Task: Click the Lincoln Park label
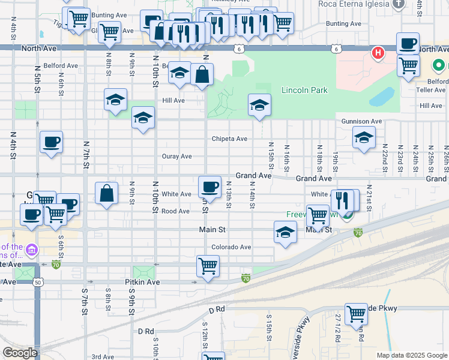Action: coord(304,90)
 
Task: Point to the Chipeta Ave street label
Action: coord(229,139)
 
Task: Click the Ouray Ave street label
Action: coord(176,156)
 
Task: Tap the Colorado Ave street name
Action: coord(231,247)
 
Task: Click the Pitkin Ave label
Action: coord(142,281)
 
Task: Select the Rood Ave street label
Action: coord(175,211)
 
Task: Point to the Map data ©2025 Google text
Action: coord(411,355)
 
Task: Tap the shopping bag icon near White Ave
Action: coord(106,193)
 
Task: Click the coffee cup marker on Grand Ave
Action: coord(209,187)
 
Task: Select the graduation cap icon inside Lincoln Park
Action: coord(259,105)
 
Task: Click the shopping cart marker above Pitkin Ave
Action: coord(208,265)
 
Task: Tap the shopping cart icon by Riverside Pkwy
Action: coord(356,313)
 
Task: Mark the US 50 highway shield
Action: coord(38,282)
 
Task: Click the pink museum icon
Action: coord(32,249)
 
